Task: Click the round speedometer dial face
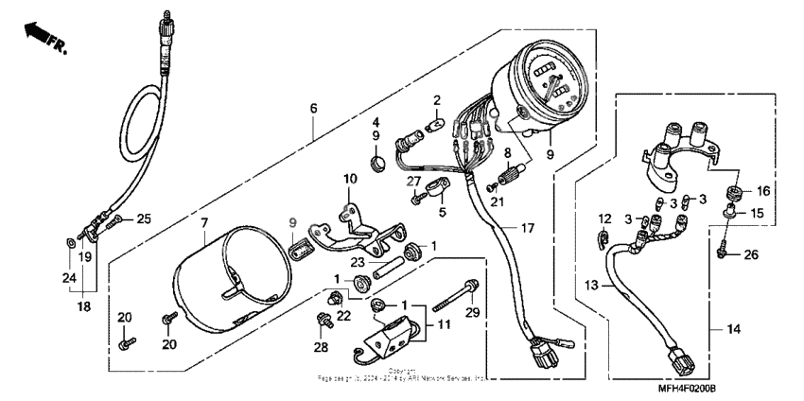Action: [x=551, y=83]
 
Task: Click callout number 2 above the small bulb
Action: [x=436, y=99]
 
